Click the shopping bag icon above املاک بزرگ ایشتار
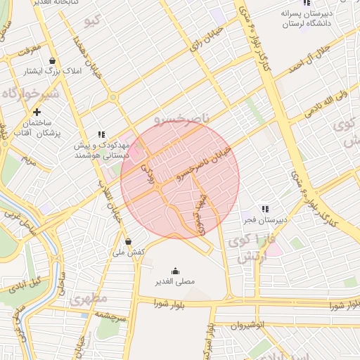[54, 60]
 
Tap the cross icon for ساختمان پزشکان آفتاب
[37, 112]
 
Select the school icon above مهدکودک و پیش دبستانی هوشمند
[102, 134]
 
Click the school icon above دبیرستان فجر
[264, 209]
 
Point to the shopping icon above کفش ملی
[127, 241]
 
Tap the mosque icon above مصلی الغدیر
[175, 271]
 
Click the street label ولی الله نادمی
[322, 101]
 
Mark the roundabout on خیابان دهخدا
[113, 98]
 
